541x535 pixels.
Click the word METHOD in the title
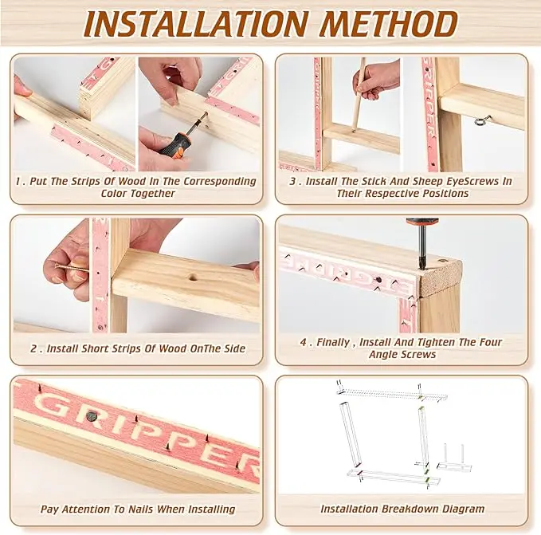coord(389,24)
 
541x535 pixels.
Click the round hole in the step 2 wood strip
coord(193,277)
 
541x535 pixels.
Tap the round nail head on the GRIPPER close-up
coord(91,416)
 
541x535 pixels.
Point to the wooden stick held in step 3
coord(358,93)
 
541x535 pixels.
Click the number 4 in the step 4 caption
coord(304,342)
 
